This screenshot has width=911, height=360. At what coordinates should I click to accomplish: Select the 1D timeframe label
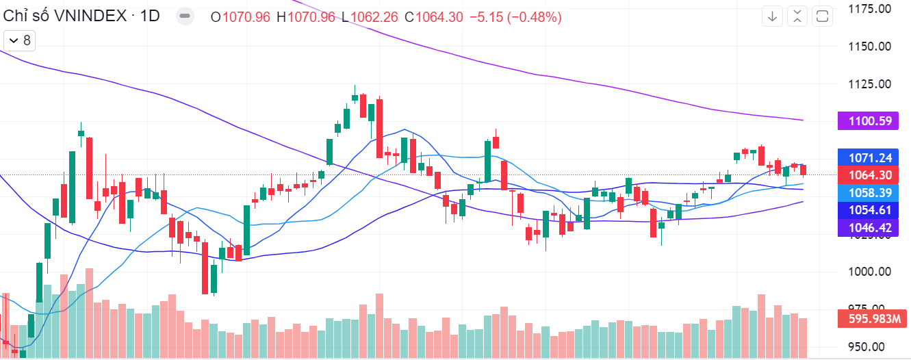click(150, 16)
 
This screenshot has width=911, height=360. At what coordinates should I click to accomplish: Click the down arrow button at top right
click(773, 16)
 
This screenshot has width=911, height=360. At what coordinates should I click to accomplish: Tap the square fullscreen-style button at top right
click(823, 16)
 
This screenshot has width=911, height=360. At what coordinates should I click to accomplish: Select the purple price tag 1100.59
click(868, 122)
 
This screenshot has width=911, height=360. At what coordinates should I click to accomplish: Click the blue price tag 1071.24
click(868, 157)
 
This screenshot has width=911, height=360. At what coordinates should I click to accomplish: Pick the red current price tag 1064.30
click(868, 175)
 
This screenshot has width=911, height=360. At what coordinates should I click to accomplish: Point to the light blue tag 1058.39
click(868, 193)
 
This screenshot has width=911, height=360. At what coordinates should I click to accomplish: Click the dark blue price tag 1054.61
click(868, 210)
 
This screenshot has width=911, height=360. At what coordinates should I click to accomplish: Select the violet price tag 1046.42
click(868, 228)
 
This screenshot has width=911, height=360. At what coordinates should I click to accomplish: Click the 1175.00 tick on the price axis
click(869, 9)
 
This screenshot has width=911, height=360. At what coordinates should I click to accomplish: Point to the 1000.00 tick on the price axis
click(869, 272)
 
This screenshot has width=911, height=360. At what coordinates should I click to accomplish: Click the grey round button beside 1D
click(184, 16)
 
